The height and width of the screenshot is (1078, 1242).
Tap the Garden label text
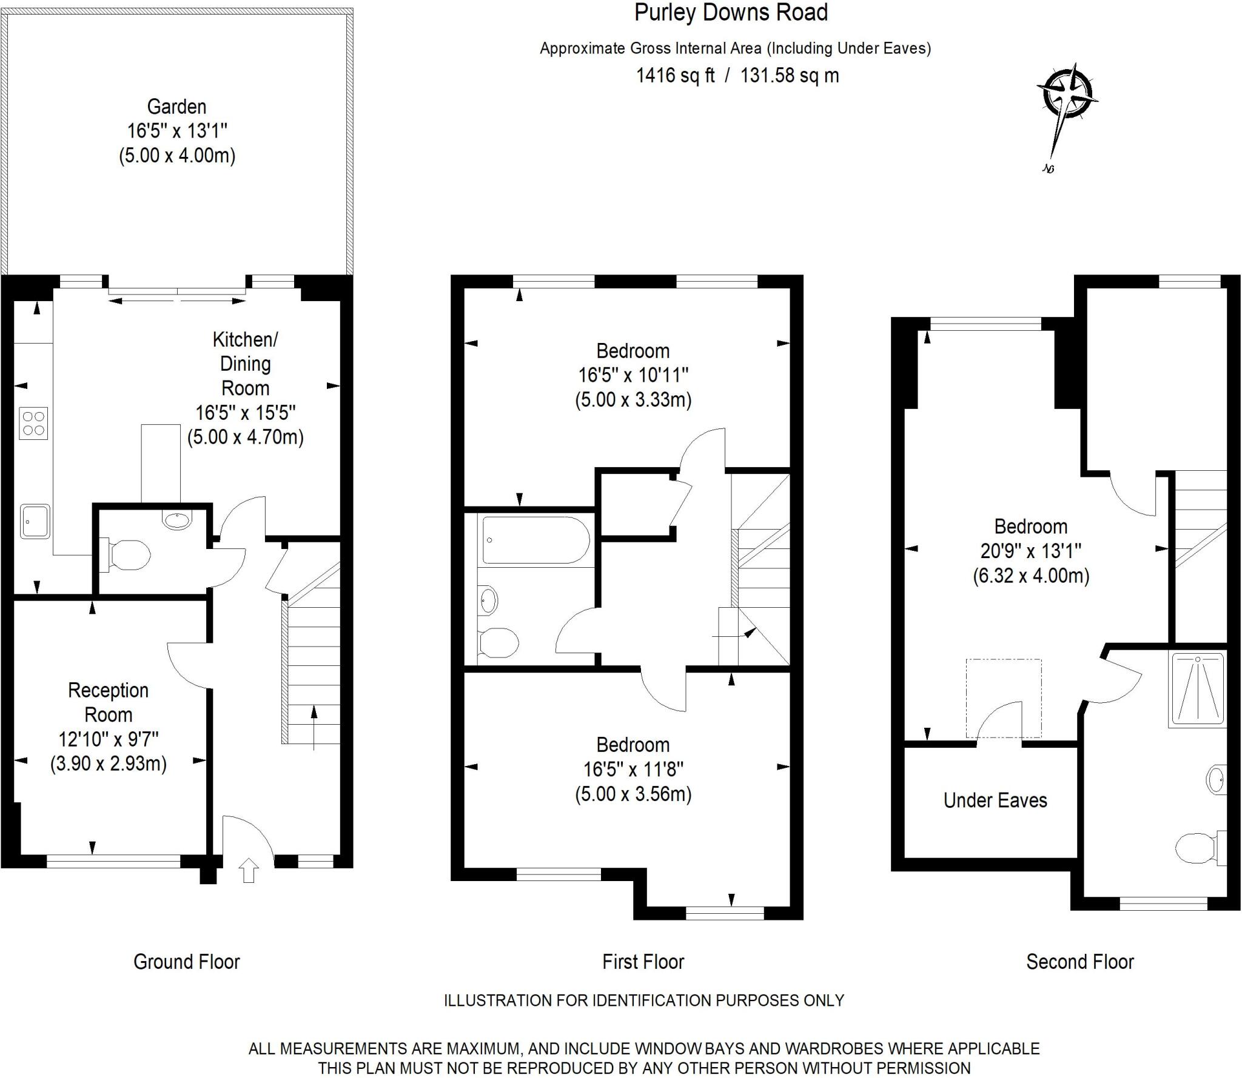[x=176, y=107]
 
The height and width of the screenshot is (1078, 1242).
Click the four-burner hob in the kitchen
[x=33, y=423]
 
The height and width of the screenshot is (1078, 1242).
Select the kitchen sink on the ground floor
[x=35, y=521]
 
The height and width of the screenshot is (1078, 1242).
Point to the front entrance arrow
[x=249, y=870]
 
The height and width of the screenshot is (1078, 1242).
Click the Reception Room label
[x=108, y=702]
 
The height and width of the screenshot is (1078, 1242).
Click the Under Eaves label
[x=995, y=800]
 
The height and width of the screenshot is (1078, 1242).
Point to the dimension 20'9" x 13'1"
[x=1031, y=551]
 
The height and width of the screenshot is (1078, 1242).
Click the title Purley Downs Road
[x=731, y=13]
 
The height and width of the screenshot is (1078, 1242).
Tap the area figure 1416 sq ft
[x=675, y=76]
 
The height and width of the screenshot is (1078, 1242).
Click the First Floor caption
[x=643, y=962]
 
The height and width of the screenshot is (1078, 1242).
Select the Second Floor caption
[x=1079, y=962]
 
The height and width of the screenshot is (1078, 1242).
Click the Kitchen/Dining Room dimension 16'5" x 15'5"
[x=245, y=413]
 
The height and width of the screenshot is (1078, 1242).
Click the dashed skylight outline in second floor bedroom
[x=1004, y=697]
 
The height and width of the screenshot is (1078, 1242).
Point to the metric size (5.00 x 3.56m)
[x=633, y=794]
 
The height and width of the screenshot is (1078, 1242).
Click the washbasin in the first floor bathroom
[x=488, y=600]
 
